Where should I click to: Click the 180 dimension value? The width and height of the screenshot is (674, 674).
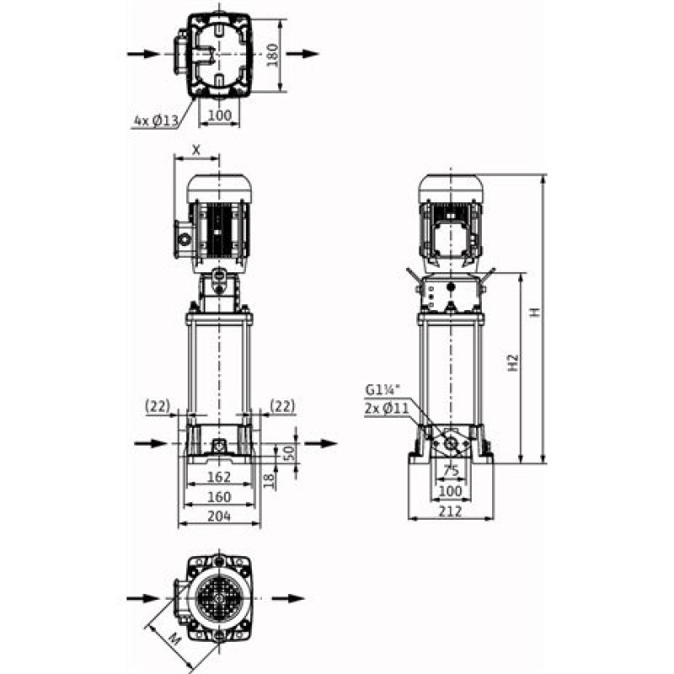click(273, 55)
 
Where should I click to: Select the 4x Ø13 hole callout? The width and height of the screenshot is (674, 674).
click(156, 120)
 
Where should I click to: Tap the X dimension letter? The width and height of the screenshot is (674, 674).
click(196, 150)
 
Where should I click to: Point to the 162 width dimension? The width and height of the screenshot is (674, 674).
click(219, 477)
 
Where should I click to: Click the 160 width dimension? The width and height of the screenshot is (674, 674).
click(219, 497)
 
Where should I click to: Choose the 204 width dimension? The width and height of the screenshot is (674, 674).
click(219, 516)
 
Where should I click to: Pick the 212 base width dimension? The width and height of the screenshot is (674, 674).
click(451, 511)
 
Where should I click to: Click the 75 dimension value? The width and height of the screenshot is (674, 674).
click(451, 471)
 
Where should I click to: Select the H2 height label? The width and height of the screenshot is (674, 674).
click(513, 363)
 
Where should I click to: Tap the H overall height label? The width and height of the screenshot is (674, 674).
click(534, 312)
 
